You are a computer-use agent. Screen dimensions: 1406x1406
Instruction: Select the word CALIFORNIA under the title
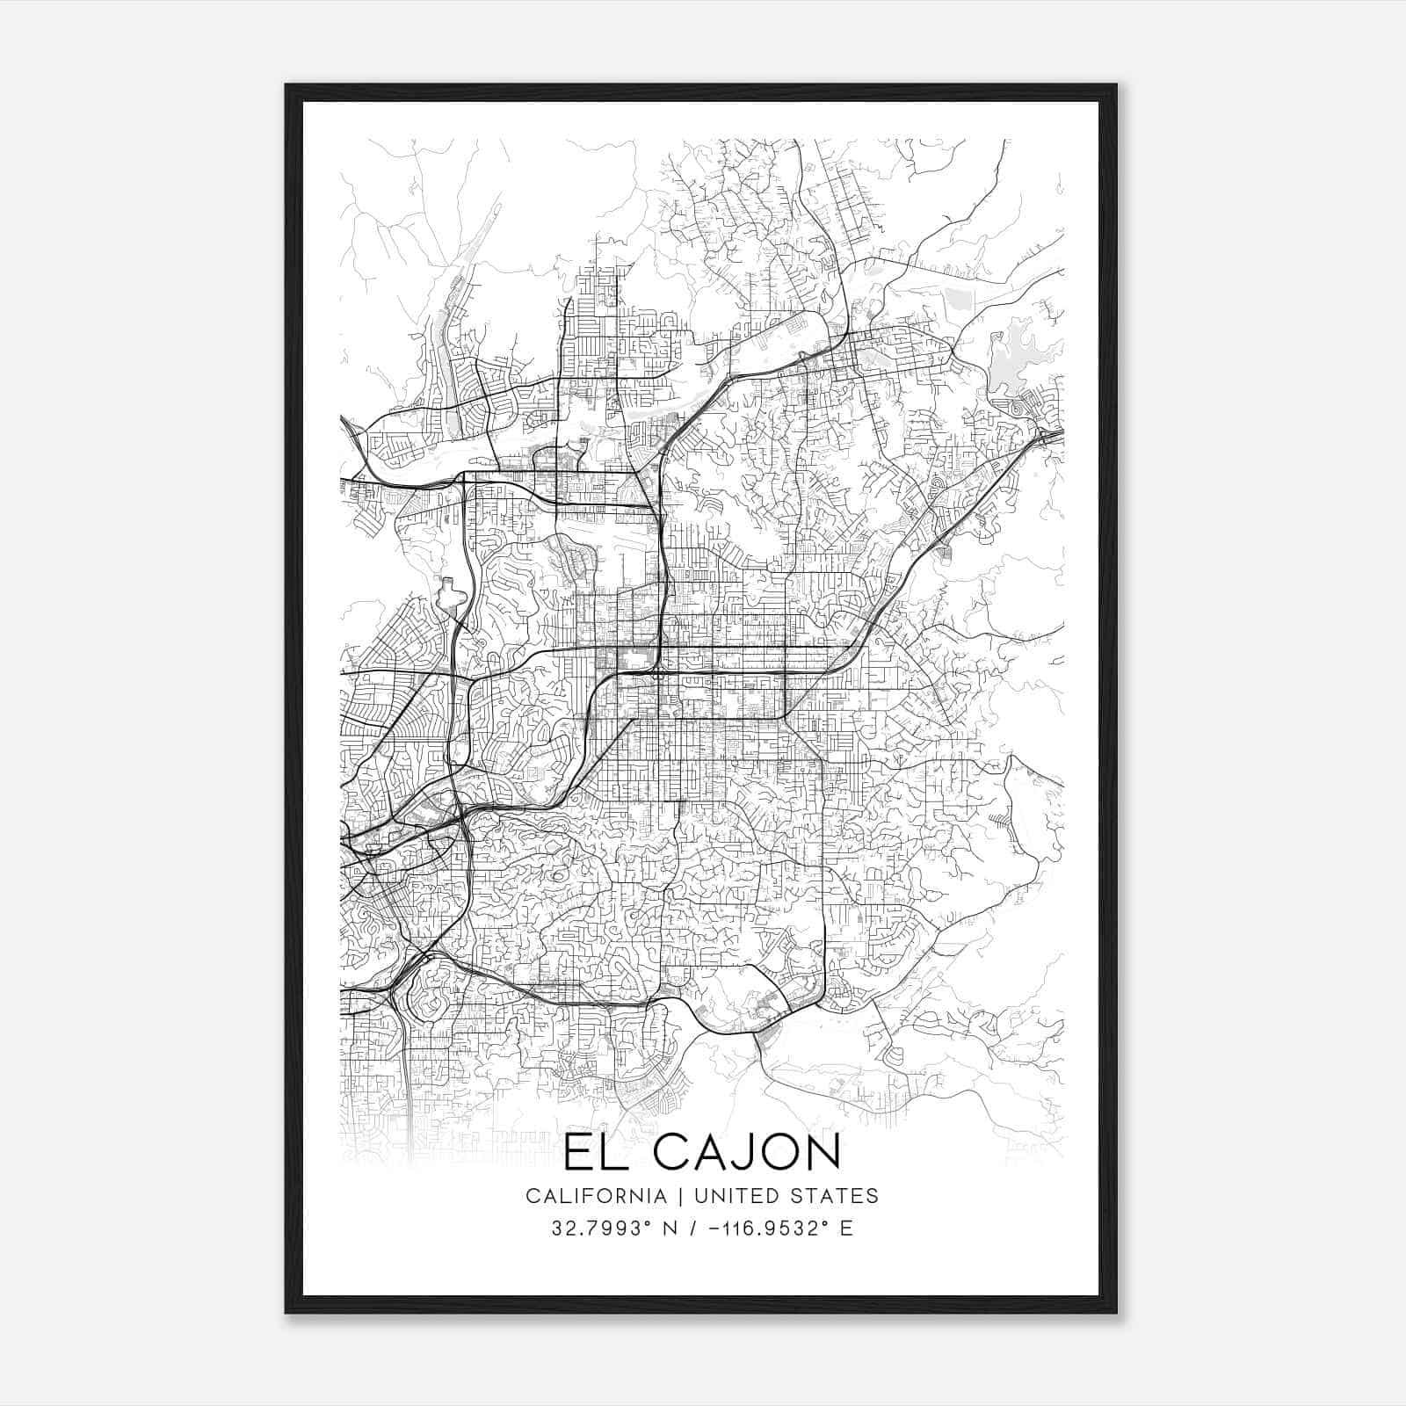pyautogui.click(x=595, y=1196)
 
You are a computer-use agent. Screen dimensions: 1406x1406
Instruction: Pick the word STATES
pyautogui.click(x=835, y=1196)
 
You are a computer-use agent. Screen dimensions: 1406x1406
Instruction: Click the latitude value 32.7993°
pyautogui.click(x=593, y=1228)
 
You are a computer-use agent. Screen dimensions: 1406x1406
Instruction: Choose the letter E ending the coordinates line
pyautogui.click(x=846, y=1228)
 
